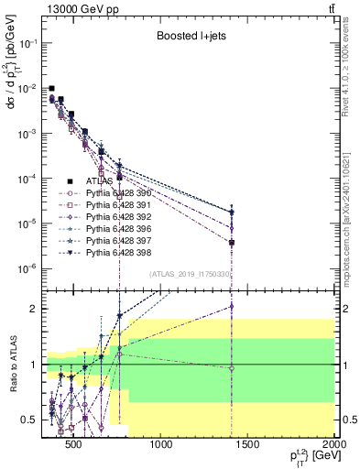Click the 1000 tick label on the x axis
point(160,446)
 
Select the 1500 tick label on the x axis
point(247,446)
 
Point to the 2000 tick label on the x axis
point(333,446)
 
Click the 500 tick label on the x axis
point(74,446)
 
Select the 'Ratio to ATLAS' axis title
point(12,365)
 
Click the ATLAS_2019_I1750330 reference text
point(188,274)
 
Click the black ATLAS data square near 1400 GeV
point(233,243)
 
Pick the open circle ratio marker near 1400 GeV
point(233,368)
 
